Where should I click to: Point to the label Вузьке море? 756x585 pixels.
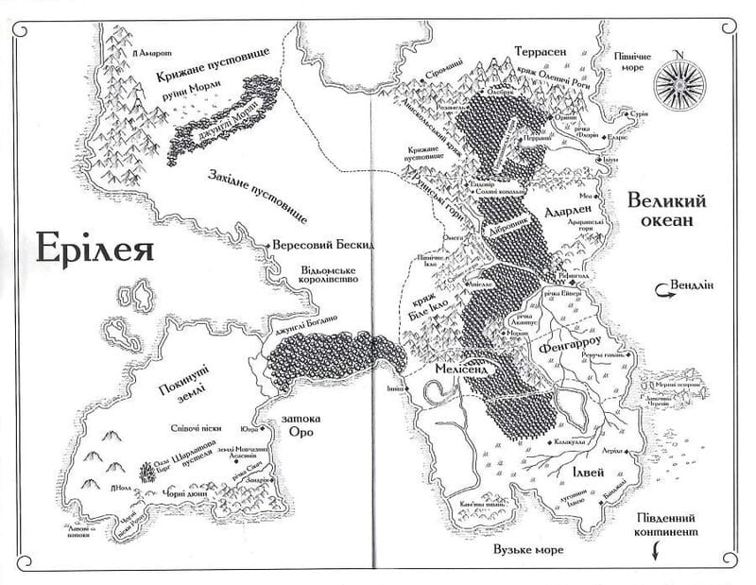click(x=523, y=549)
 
